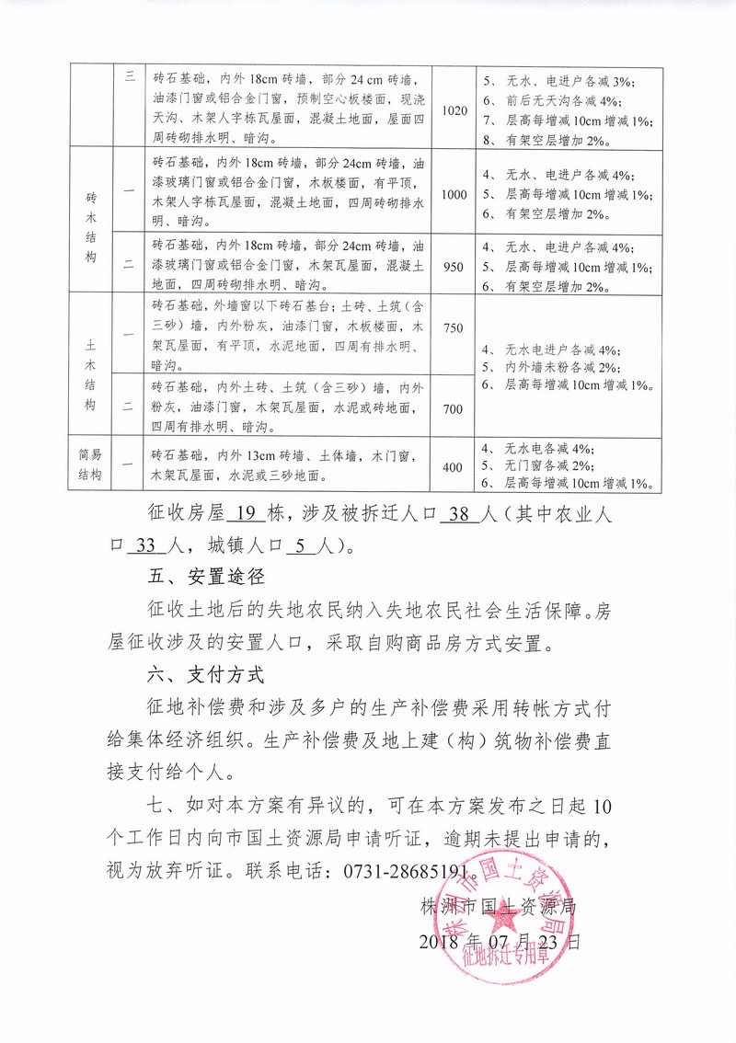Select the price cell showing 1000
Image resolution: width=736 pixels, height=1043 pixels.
click(x=454, y=195)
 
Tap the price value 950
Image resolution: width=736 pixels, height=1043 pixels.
click(x=454, y=263)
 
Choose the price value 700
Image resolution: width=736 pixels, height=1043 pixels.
click(x=454, y=407)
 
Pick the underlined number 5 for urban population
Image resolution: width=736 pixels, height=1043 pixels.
click(x=301, y=545)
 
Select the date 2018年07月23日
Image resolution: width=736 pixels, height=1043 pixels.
click(x=500, y=942)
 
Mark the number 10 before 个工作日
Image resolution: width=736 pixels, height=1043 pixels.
click(x=602, y=807)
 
